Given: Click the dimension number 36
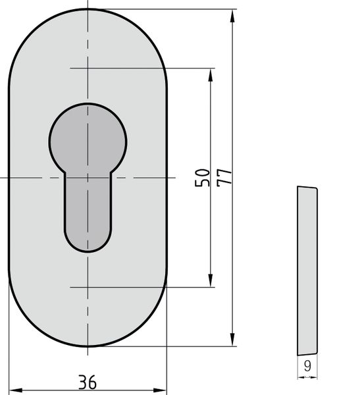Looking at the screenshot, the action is coord(87,382).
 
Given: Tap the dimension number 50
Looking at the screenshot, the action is coord(202,178).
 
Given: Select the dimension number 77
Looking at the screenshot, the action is coord(224,178).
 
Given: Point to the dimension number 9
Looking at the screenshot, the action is coord(307,366).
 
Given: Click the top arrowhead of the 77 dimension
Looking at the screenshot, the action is coord(232,16).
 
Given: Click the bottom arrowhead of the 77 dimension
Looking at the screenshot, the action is coord(232,339).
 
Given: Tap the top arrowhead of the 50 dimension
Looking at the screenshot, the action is coord(211,75).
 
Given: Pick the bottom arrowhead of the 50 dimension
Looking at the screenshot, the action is coord(211,280).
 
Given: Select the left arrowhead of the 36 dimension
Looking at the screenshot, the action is coord(16,390).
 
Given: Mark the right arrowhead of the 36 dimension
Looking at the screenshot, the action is coord(160,390).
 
